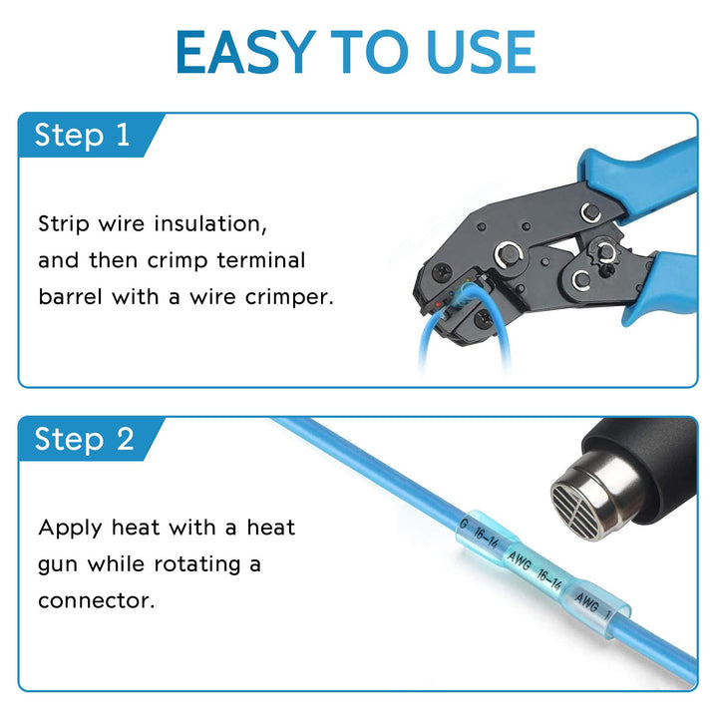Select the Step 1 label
point(83,135)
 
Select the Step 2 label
point(84,439)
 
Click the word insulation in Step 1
point(210,224)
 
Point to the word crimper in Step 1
point(289,298)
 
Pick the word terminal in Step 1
point(260,260)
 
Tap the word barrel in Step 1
point(71,297)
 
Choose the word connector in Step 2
point(96,601)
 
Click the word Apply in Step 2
point(70,529)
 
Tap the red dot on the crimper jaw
point(438,304)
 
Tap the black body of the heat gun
point(650,463)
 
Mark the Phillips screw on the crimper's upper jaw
point(442,272)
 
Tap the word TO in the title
point(370,52)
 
